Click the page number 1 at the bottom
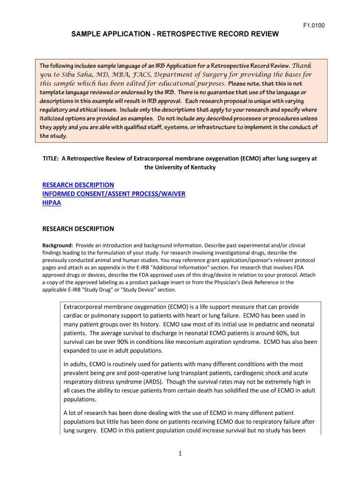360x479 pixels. tap(180, 453)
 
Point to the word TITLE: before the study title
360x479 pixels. tap(51, 159)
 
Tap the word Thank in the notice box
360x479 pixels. tap(302, 65)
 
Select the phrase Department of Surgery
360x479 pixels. tap(194, 74)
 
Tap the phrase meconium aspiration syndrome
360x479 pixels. tap(220, 342)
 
